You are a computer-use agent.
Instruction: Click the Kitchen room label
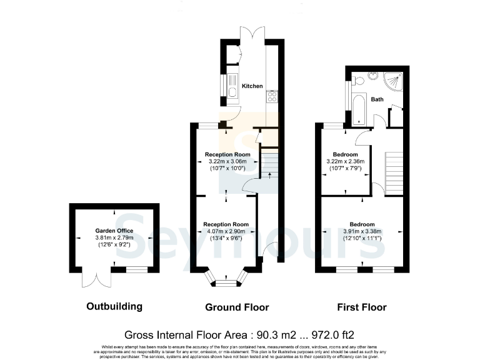click(x=252, y=86)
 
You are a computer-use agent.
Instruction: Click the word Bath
click(x=377, y=99)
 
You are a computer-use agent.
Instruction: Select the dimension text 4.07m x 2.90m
click(x=226, y=231)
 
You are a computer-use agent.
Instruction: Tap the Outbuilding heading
click(x=114, y=307)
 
